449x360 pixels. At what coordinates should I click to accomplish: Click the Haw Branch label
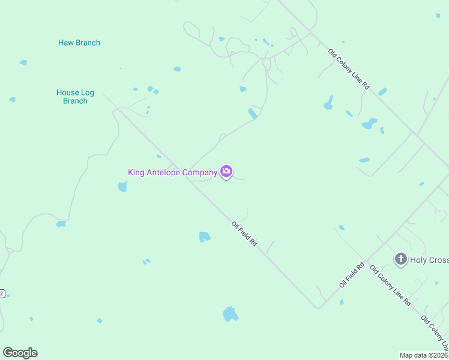tap(79, 43)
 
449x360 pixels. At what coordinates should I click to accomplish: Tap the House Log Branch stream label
tap(75, 97)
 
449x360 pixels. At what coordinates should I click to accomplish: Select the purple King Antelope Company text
tap(172, 172)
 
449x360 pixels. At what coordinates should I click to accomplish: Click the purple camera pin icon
tap(226, 172)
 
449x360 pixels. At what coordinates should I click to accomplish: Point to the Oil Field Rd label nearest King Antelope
tap(244, 234)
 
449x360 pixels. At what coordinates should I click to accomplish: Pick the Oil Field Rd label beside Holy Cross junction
tap(352, 274)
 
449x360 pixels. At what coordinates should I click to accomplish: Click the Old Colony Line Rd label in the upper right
tap(349, 70)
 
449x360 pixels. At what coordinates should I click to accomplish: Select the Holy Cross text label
tap(429, 260)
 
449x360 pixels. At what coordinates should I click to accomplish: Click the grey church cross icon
tap(400, 259)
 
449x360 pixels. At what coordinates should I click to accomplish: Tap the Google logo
tap(20, 353)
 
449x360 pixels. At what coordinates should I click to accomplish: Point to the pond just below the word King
tap(122, 187)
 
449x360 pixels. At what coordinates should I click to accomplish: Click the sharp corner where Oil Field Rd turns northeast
tap(318, 308)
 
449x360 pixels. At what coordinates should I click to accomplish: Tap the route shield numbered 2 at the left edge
tap(2, 293)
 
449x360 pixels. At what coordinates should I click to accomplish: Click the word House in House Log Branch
tap(68, 92)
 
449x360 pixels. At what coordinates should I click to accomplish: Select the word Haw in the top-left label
tap(65, 43)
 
